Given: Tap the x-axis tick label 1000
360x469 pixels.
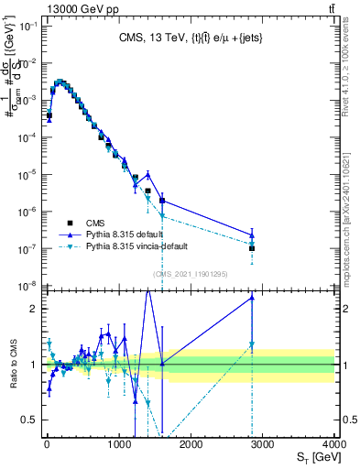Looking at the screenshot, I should pos(117,444).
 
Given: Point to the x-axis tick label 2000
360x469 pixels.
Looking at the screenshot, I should pos(190,444).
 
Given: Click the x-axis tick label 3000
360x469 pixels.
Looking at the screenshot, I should pos(262,444).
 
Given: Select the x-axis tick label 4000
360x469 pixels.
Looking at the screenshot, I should pos(333,444).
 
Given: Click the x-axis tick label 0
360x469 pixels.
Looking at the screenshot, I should pos(46,444).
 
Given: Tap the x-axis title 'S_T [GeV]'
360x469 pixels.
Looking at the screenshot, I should pos(316,457).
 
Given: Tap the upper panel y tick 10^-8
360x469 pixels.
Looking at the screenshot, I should pos(27,286).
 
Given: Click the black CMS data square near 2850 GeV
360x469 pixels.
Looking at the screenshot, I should pos(251,248).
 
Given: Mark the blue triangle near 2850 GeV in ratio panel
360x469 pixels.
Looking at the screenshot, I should pos(251,297).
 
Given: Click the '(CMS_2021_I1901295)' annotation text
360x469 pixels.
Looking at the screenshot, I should pos(190,274).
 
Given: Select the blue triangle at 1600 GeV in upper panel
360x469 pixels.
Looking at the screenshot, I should pos(161,200).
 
